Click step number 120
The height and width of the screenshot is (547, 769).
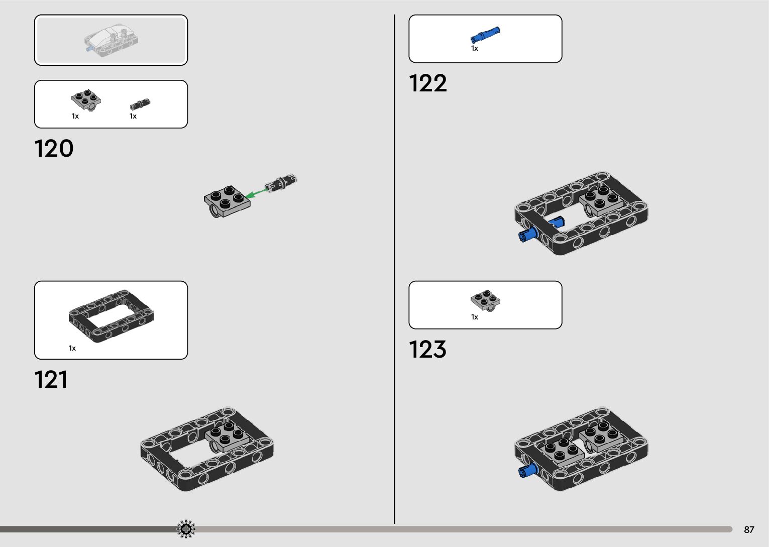[x=54, y=149]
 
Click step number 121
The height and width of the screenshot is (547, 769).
[x=51, y=380]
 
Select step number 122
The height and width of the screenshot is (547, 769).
[x=427, y=83]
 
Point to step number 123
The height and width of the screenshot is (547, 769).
[x=427, y=350]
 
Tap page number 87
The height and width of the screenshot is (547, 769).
[x=749, y=529]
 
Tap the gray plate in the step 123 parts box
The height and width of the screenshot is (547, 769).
[x=485, y=300]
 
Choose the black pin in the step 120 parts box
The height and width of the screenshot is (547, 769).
[x=140, y=104]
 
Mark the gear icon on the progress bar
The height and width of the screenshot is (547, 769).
[x=186, y=529]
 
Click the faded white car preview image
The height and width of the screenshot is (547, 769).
[x=111, y=40]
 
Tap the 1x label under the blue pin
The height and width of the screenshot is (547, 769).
[x=474, y=49]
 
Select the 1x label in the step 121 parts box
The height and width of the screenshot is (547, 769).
[x=72, y=348]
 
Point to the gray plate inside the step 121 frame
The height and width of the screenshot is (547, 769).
[x=225, y=436]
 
